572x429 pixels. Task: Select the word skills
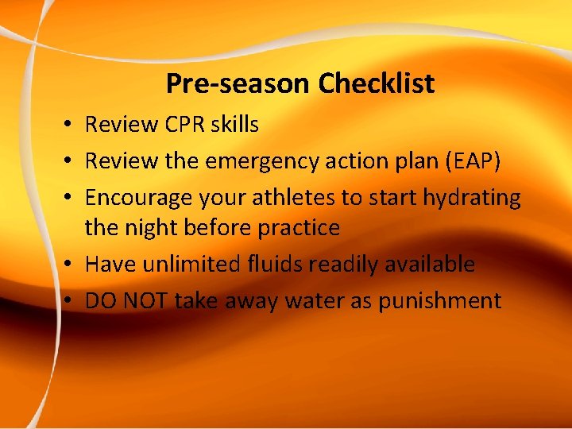(x=233, y=125)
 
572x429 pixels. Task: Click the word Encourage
(x=140, y=198)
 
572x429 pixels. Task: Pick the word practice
(x=299, y=228)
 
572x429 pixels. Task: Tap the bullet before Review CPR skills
(x=71, y=126)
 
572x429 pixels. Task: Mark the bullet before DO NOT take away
(x=71, y=301)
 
